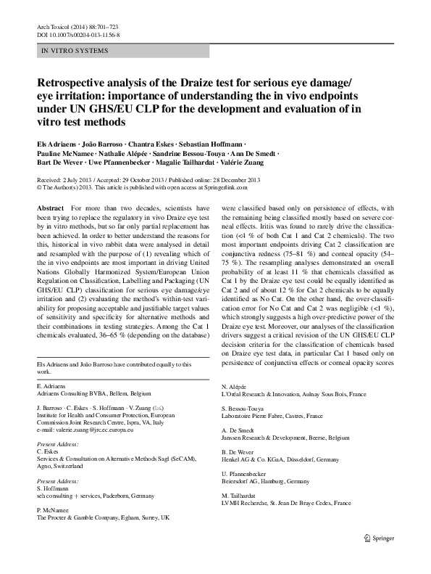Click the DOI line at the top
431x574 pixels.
78,34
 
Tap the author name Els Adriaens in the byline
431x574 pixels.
59,144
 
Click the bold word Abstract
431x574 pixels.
49,208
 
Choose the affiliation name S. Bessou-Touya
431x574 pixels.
243,409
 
